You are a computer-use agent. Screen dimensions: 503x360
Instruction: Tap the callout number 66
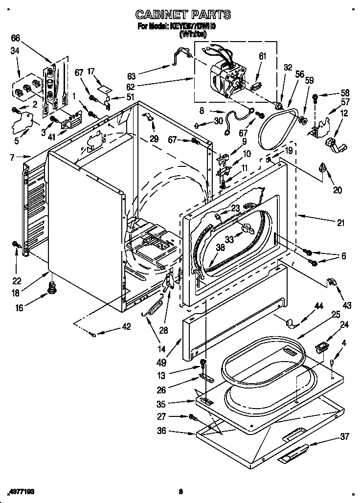tap(16, 38)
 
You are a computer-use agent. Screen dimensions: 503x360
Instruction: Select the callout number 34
tap(15, 51)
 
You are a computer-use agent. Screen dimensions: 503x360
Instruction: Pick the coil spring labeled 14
tap(155, 310)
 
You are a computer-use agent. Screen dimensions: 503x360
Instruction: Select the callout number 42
tap(126, 327)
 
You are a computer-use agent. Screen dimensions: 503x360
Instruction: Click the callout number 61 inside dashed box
tap(262, 57)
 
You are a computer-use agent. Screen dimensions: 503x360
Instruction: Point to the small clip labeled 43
tap(331, 282)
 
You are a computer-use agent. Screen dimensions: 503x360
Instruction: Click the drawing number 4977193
tap(23, 490)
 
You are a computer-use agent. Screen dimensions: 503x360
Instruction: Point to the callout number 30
tap(218, 121)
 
